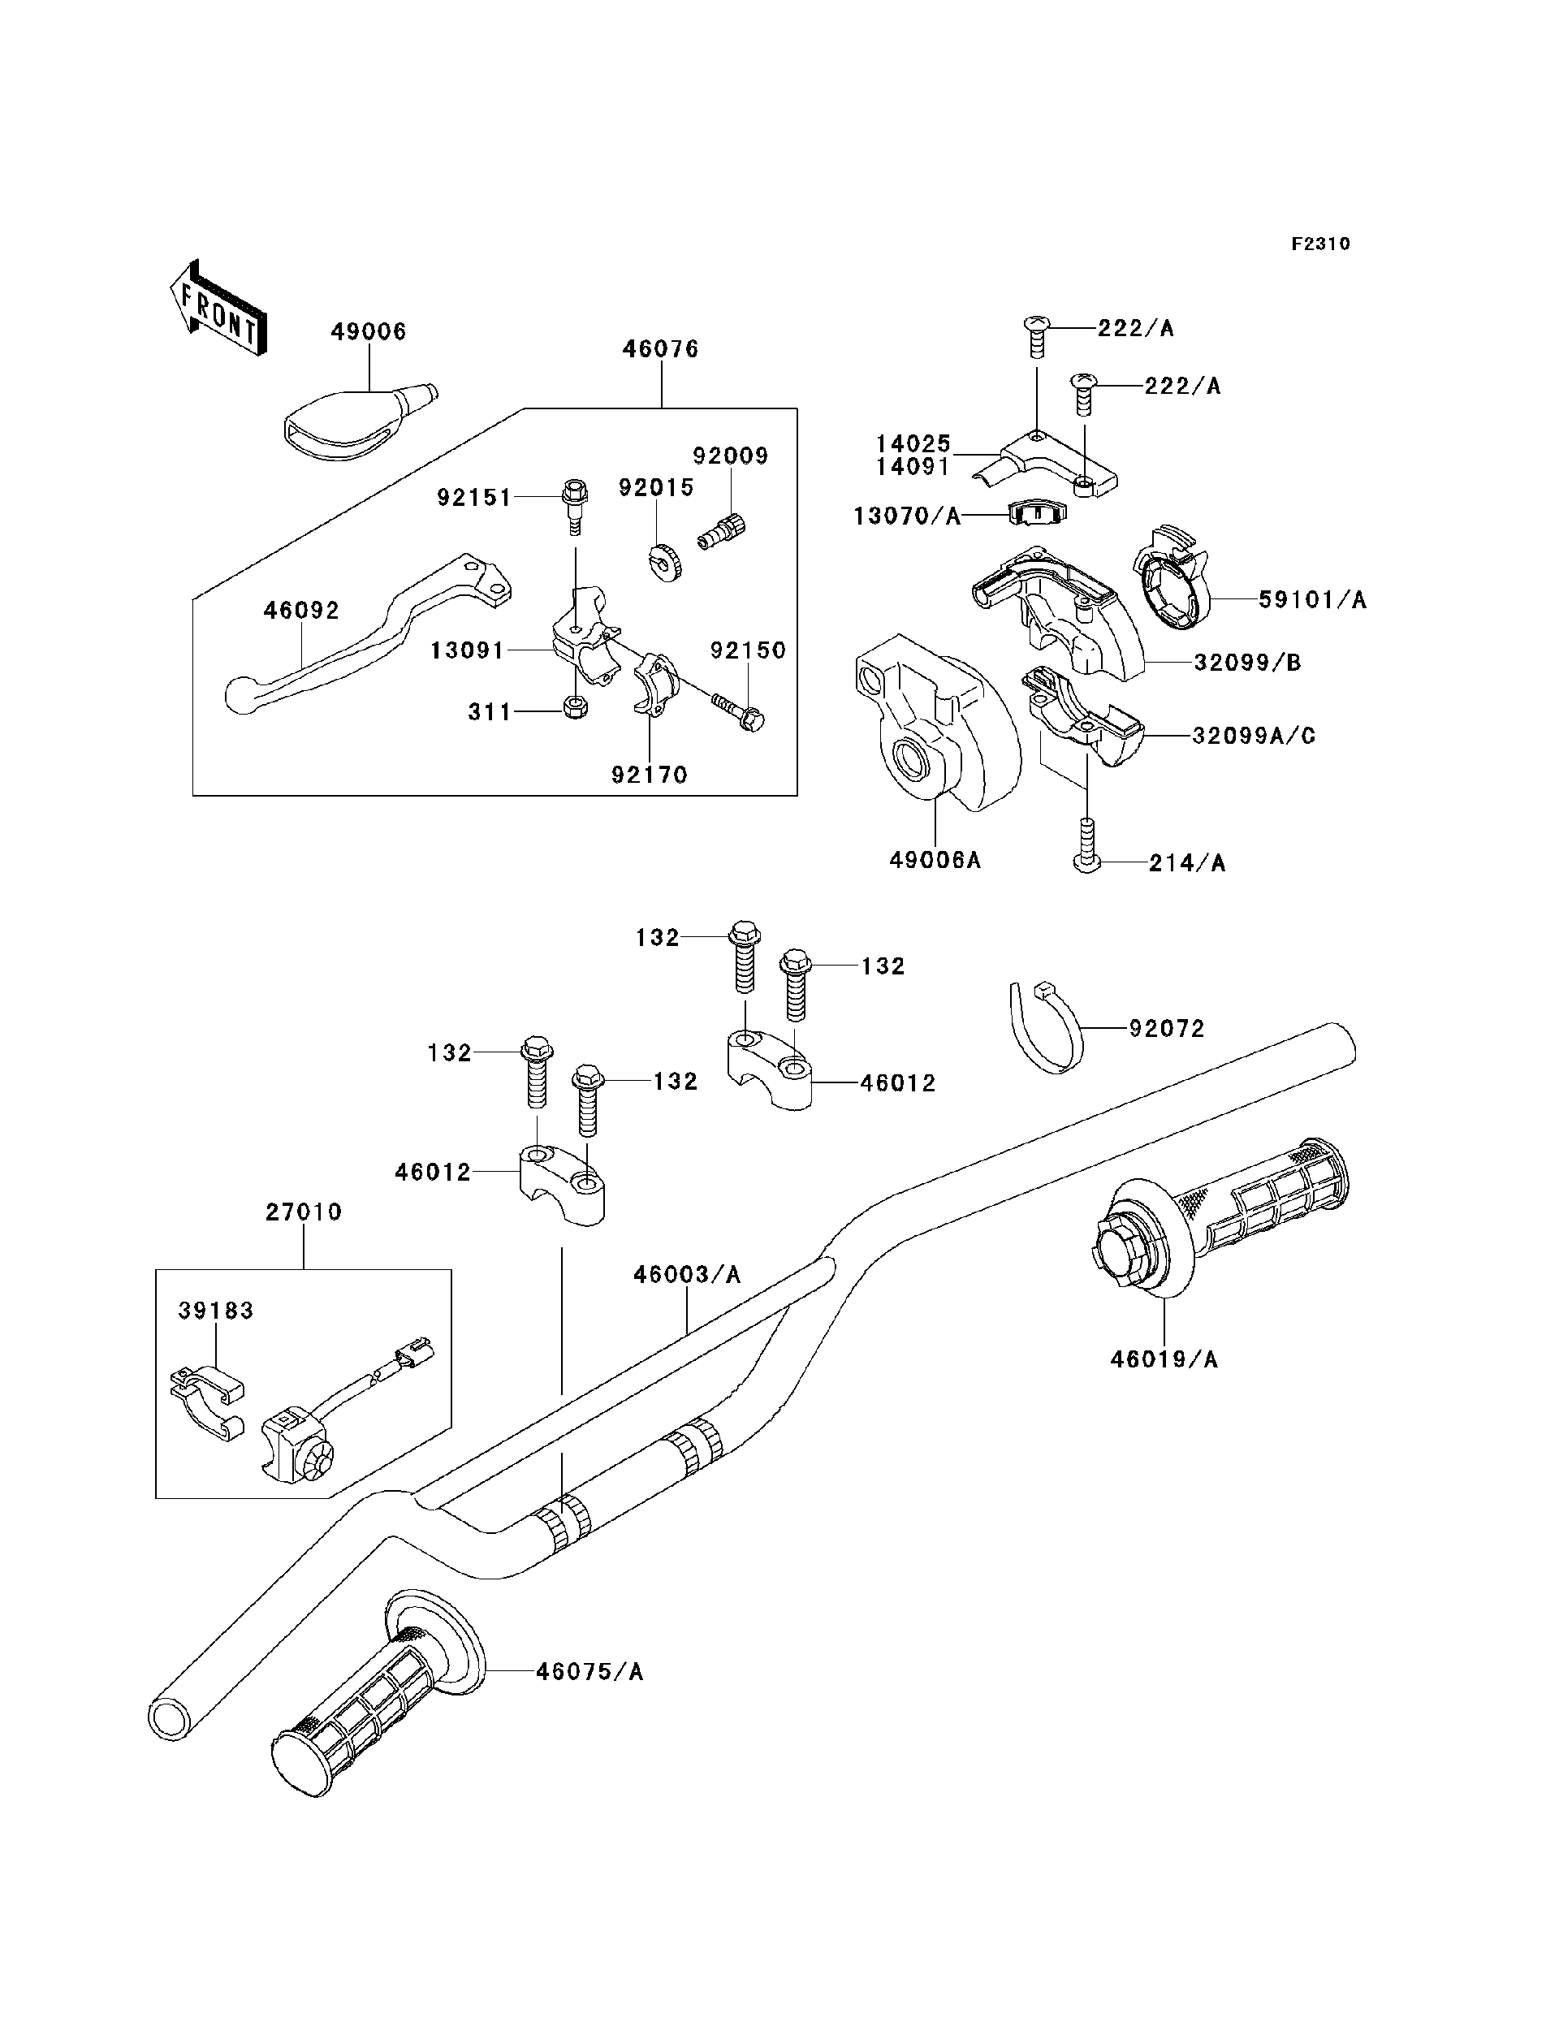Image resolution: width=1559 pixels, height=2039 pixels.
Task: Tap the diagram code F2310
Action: pyautogui.click(x=1319, y=244)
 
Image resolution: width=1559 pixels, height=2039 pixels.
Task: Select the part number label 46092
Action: pyautogui.click(x=301, y=611)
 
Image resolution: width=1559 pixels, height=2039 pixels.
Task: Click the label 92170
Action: pyautogui.click(x=649, y=774)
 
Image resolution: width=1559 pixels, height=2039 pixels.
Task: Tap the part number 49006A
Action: pyautogui.click(x=935, y=860)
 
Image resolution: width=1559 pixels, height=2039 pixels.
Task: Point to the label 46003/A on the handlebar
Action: pyautogui.click(x=687, y=1275)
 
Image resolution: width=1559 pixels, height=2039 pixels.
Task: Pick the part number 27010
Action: pyautogui.click(x=304, y=1212)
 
